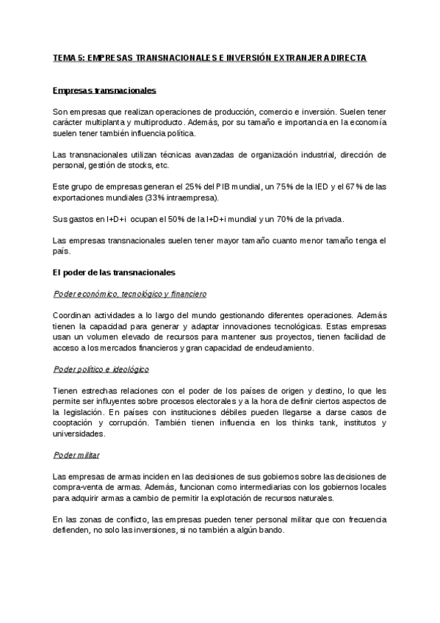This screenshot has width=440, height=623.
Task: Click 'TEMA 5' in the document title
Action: coord(71,57)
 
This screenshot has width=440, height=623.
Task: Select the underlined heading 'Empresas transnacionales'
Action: coord(104,90)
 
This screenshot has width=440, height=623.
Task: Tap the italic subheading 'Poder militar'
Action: coord(77,455)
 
